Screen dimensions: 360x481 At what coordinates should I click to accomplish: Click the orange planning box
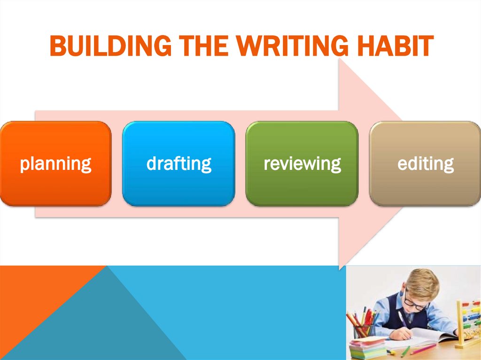(55, 163)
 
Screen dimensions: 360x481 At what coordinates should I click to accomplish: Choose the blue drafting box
(178, 163)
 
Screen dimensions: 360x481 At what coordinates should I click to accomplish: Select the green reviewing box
(302, 163)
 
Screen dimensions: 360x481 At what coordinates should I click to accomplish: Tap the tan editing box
(425, 163)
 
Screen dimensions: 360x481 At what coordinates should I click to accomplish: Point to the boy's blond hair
(423, 282)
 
